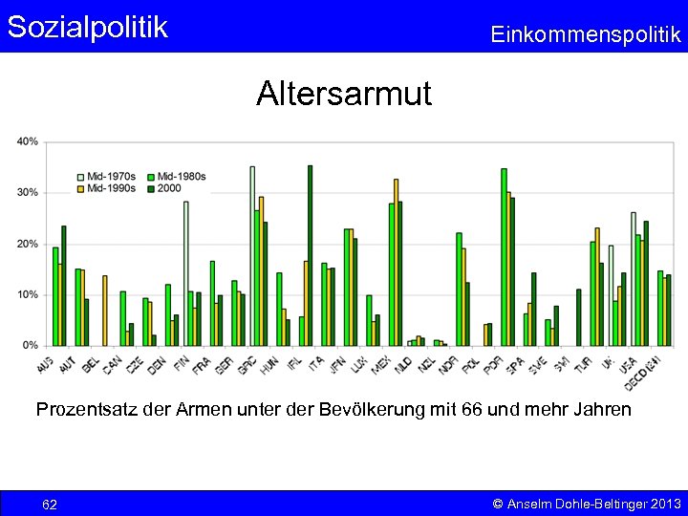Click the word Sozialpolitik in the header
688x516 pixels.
87,27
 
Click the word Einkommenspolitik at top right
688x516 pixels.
585,35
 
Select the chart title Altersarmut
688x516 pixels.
343,94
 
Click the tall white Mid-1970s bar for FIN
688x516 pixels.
186,272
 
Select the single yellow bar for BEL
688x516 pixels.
105,310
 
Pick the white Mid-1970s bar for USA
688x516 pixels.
633,278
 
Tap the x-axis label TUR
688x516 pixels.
583,363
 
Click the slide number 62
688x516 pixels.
50,504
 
